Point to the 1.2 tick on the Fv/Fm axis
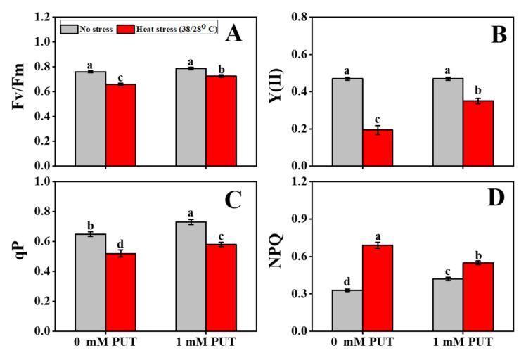(43, 16)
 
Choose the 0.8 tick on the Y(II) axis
(309, 16)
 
